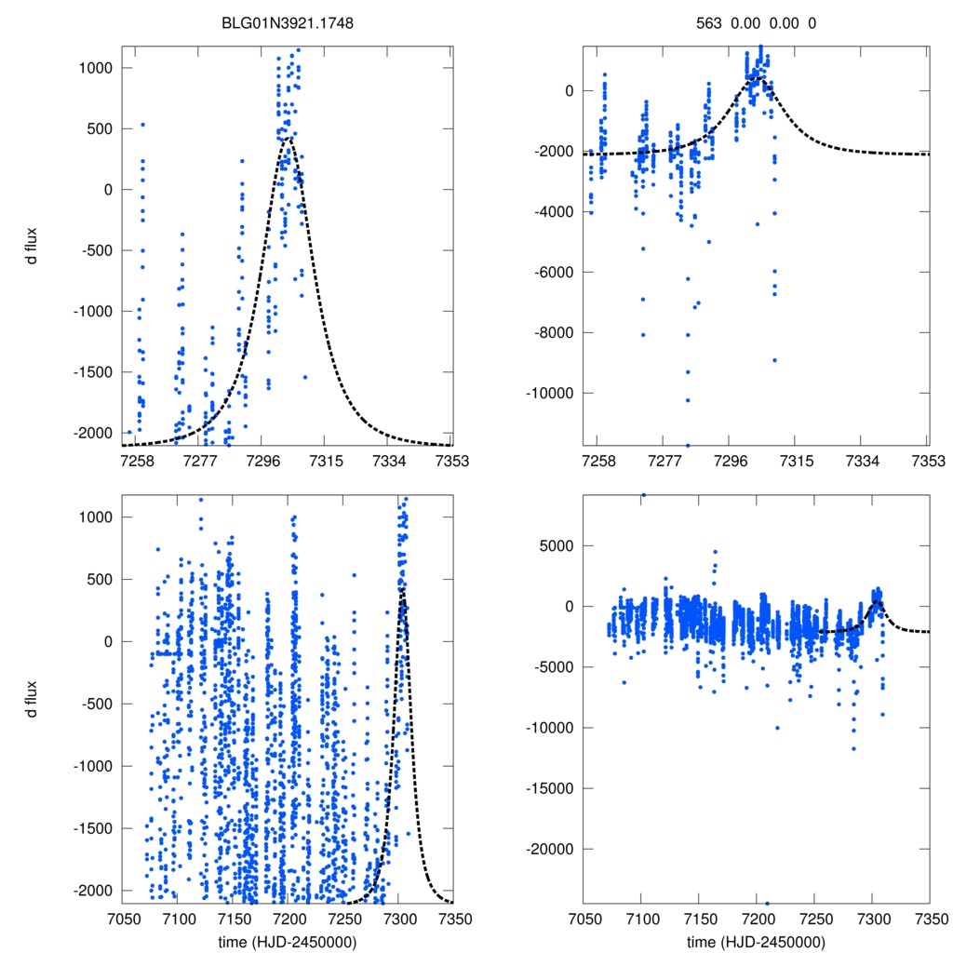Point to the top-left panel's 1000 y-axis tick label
click(95, 68)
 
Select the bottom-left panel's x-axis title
click(287, 941)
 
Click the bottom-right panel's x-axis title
click(756, 941)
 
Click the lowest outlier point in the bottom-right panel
click(767, 903)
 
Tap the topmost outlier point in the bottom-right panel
click(643, 495)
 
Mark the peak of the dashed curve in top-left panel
click(289, 139)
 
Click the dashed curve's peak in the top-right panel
click(758, 79)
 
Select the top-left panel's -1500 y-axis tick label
click(93, 372)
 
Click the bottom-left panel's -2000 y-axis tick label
click(93, 890)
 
